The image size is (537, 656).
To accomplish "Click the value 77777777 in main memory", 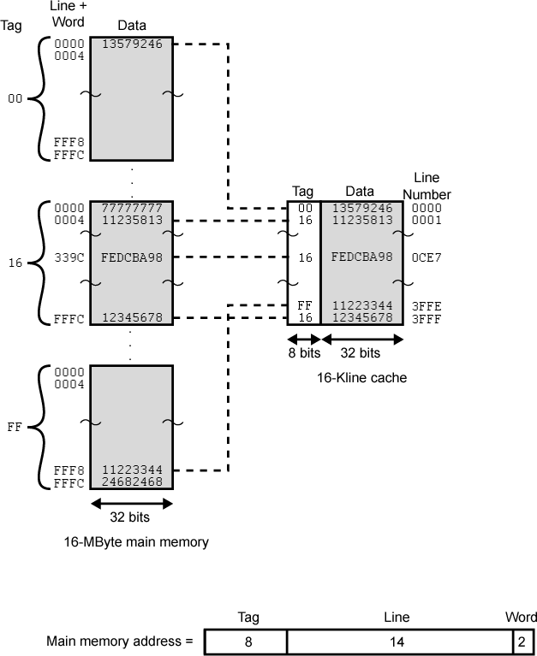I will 131,208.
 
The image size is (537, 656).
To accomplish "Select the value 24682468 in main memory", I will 131,482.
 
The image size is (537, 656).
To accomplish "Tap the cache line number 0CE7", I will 427,257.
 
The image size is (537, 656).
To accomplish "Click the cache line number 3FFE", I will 427,305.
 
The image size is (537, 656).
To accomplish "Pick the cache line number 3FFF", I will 427,317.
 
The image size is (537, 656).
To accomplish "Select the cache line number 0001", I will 427,220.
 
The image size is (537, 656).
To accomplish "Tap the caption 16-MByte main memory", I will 136,541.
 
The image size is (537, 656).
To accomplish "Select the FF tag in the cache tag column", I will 301,305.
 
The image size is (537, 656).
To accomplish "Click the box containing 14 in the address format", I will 397,641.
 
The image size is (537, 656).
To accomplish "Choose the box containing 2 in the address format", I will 521,641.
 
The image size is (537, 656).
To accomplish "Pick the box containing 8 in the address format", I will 248,641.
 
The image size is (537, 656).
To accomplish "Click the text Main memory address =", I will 119,641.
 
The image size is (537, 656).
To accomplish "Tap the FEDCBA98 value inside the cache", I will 361,257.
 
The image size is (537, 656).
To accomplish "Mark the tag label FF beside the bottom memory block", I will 15,425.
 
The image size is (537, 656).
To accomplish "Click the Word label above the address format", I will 521,618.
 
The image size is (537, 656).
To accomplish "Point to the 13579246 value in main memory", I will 131,44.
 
